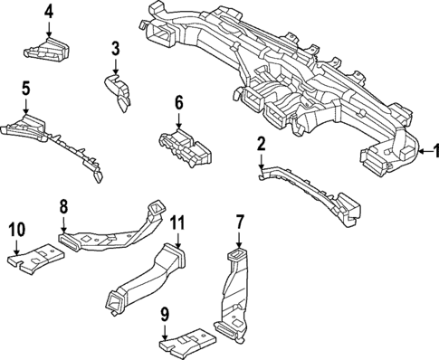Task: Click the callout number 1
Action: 432,151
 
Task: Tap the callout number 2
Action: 261,143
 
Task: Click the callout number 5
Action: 26,89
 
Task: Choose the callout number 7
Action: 240,222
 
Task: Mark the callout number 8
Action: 64,207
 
